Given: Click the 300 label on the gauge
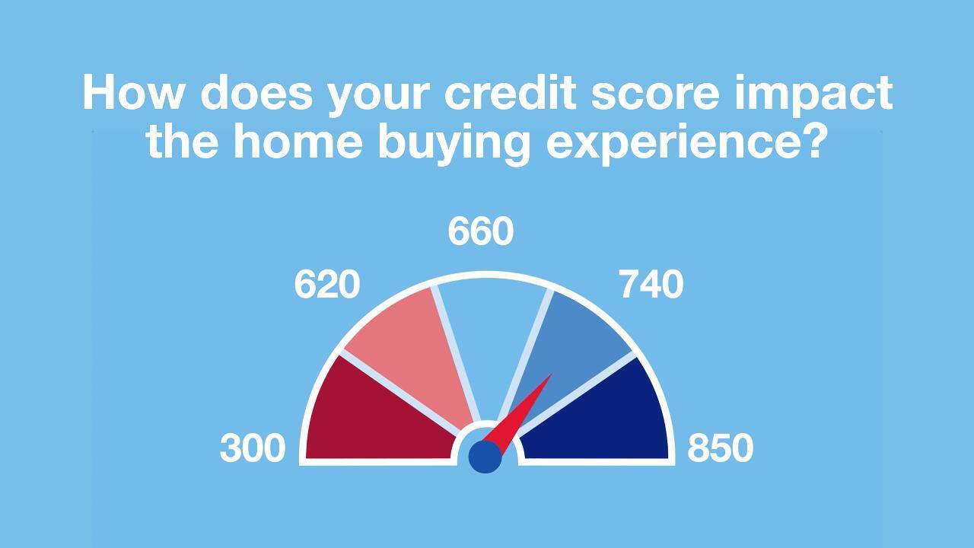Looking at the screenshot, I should pos(252,448).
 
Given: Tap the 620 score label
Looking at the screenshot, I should pos(326,285).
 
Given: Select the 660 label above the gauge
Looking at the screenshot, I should pos(480,231).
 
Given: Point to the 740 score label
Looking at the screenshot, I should pos(651,285).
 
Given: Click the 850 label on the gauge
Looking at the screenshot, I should pos(720,448).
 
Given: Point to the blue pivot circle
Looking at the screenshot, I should pos(485,457).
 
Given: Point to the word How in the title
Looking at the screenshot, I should pos(133,92).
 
